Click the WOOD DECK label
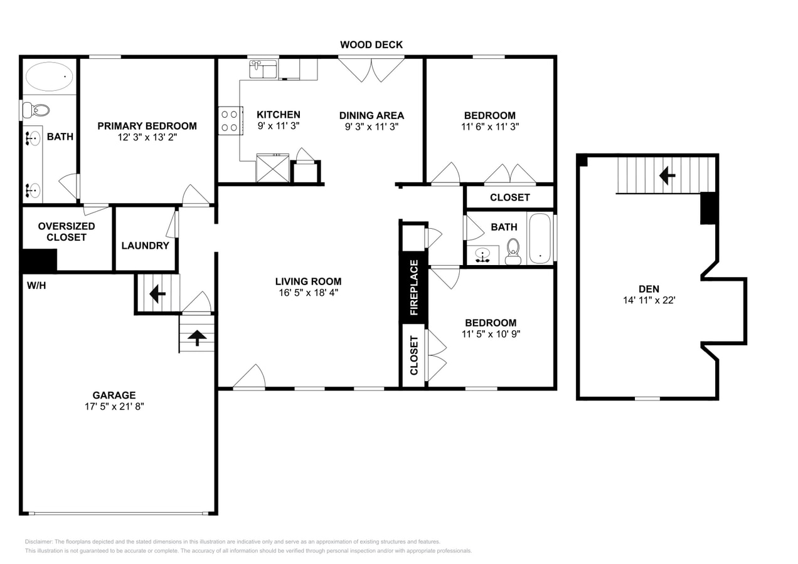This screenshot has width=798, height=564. coord(371,44)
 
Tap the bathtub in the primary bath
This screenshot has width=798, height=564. coord(49,77)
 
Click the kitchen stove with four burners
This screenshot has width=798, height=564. coord(230,120)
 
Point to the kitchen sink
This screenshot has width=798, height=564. coord(263,69)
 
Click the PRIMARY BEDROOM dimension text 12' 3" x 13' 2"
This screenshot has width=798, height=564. coord(147,137)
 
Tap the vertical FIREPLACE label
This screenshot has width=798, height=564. coord(414,287)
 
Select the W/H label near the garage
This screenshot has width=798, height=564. coord(36,286)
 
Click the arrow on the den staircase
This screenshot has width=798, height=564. coord(667,176)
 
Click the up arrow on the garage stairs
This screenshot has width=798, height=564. coord(197,338)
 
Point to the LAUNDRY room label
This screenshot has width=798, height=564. coord(145,246)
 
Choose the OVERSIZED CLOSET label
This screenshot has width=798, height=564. coord(66,232)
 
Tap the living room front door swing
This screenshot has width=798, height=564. coord(250,377)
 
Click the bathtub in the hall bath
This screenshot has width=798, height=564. coord(540,239)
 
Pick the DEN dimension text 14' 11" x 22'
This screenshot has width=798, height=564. coord(649,300)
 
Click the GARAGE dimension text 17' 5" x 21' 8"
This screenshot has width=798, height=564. coord(114,406)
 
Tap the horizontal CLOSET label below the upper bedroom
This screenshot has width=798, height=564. coord(509,197)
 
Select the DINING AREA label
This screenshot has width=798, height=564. coord(371,115)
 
